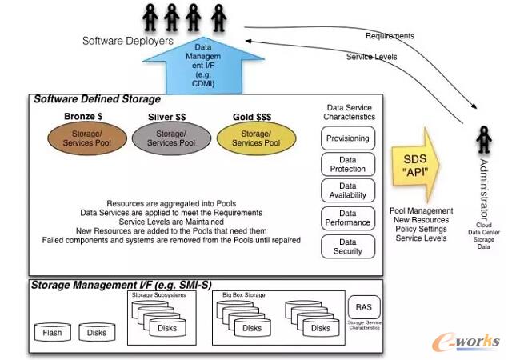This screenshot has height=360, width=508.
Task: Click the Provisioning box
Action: pos(347,138)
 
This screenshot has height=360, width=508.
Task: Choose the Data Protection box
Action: pos(347,165)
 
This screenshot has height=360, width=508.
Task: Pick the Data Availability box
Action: pos(347,191)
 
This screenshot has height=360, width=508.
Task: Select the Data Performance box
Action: pos(347,218)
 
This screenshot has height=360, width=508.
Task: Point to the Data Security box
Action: pos(347,246)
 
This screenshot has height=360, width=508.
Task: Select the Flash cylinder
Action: pos(53,332)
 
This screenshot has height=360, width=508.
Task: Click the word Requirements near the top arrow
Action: pos(390,36)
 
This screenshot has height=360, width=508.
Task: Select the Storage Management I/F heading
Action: pos(104,285)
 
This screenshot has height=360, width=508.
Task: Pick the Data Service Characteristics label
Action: pos(349,111)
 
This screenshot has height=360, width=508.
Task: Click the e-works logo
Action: pos(466,341)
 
